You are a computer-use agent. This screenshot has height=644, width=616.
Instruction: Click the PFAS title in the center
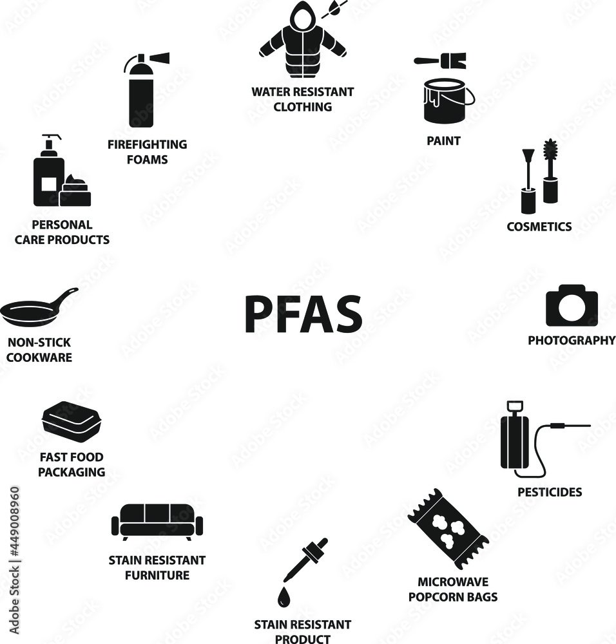point(303,314)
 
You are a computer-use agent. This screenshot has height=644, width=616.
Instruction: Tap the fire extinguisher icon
point(142,93)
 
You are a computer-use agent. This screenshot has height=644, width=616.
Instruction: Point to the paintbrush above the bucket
point(440,62)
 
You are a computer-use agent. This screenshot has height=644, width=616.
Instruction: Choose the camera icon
point(572,306)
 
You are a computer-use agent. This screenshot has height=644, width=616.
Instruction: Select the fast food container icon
point(69,419)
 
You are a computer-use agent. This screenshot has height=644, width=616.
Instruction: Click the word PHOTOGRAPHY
point(572,340)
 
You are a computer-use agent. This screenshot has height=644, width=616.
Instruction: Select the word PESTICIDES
point(550,492)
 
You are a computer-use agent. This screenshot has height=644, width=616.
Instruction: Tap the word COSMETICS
point(539,227)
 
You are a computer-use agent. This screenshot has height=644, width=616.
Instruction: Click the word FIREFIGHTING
point(147,144)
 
